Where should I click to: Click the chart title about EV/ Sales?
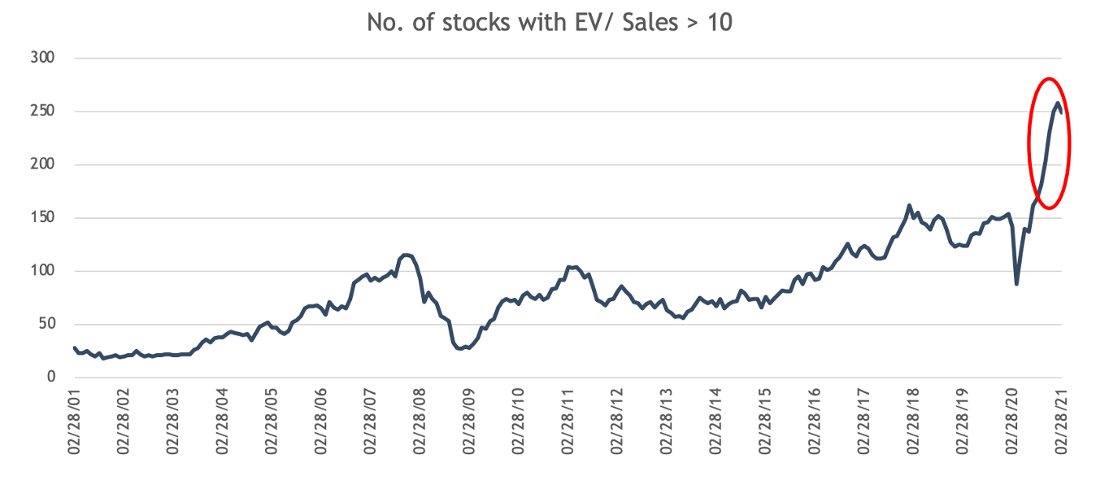pos(550,22)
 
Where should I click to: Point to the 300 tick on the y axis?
pos(42,59)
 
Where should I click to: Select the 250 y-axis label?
pos(42,111)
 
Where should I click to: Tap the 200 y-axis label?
pos(42,164)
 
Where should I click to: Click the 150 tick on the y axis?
pos(42,218)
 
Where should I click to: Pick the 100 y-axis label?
pos(42,271)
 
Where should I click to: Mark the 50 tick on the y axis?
pos(46,324)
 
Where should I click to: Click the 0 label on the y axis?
pos(50,378)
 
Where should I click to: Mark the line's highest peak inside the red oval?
pos(1057,103)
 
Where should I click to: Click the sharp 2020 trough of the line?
pos(1017,283)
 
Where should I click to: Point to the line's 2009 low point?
pos(460,348)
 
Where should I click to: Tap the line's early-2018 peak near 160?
pos(909,205)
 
